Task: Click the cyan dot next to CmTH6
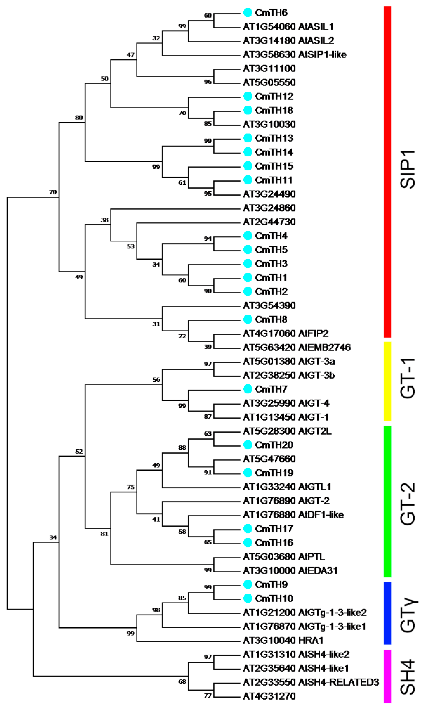coord(248,12)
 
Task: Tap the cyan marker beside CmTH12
coord(248,96)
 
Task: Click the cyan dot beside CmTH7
coord(248,389)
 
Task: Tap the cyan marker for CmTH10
coord(248,598)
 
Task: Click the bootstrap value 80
coord(79,118)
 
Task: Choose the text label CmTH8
coord(271,319)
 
